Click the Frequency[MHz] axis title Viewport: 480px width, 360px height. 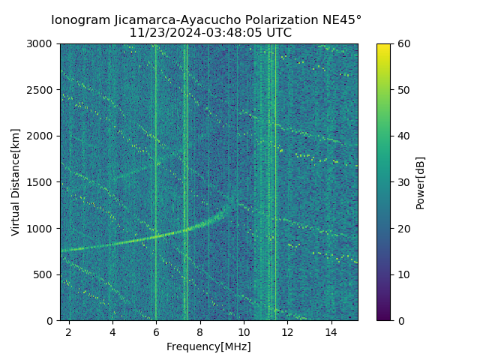[208, 346]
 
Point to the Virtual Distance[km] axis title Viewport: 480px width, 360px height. [15, 182]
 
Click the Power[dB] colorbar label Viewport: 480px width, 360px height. [421, 182]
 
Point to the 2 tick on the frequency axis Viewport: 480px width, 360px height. [69, 331]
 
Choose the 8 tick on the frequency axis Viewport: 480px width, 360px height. [200, 331]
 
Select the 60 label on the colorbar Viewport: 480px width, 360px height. [403, 43]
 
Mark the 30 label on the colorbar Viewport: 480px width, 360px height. [403, 182]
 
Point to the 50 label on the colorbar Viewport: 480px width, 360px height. [403, 90]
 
